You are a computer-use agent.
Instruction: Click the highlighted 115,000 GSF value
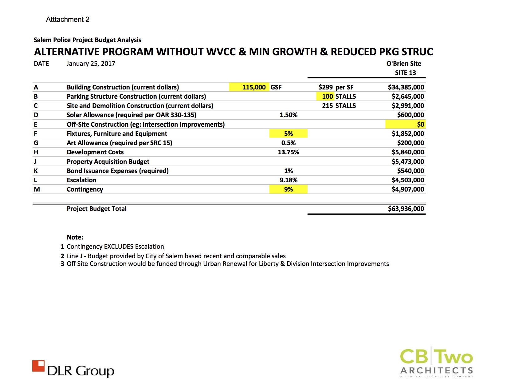click(x=253, y=87)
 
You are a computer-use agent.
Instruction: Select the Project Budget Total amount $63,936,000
click(x=406, y=209)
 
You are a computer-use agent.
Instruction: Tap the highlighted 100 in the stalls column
click(x=327, y=97)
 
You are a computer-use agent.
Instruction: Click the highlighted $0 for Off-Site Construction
click(x=420, y=125)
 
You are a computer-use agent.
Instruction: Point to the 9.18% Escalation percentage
click(x=288, y=180)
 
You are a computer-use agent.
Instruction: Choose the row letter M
click(x=37, y=189)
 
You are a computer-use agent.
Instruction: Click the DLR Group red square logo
click(x=38, y=366)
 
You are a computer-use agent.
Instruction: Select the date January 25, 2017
click(x=91, y=64)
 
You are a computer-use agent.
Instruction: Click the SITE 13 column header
click(x=405, y=73)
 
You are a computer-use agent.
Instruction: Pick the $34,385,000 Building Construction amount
click(x=406, y=87)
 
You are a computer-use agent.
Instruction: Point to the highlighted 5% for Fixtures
click(x=288, y=134)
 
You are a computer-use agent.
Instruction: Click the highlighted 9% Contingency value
click(x=288, y=189)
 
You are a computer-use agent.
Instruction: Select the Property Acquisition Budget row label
click(x=108, y=162)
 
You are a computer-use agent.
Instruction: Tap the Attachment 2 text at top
click(x=68, y=19)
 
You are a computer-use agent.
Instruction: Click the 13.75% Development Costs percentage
click(x=288, y=152)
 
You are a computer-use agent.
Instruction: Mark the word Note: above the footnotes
click(x=75, y=237)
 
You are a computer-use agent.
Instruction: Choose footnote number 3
click(x=62, y=264)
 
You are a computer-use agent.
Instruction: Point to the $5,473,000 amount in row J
click(x=407, y=162)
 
